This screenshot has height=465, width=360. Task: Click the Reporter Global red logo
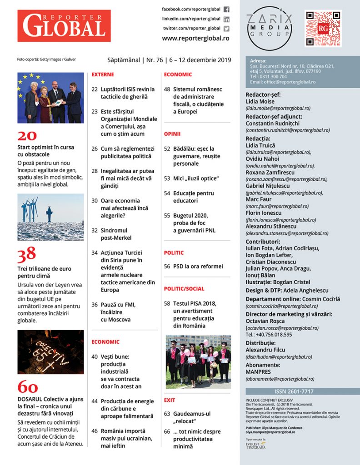[64, 26]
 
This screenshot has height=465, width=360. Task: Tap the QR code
[323, 29]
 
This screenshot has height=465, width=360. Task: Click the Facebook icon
[226, 10]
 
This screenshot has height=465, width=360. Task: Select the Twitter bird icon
[226, 29]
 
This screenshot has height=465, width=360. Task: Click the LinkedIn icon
[226, 19]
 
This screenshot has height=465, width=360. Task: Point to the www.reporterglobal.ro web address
[195, 39]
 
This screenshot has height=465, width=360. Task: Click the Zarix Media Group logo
[269, 25]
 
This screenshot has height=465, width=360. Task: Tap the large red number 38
[27, 257]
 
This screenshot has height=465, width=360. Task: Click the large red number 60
[28, 386]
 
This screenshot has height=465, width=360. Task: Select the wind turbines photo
[50, 217]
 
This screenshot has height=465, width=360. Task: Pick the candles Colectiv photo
[50, 352]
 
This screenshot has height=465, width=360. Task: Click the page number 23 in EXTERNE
[95, 111]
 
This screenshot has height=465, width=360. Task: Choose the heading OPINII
[172, 134]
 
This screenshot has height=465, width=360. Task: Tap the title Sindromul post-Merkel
[116, 234]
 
